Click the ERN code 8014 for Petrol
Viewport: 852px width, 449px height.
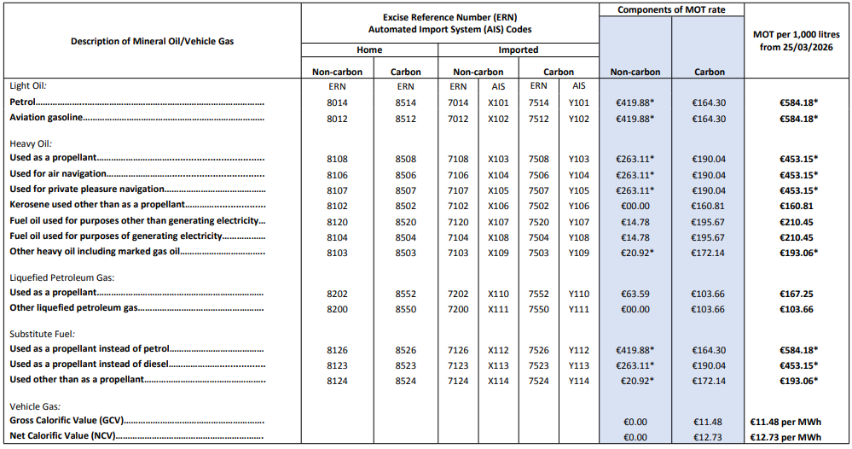pos(337,102)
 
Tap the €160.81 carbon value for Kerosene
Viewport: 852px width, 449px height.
pos(708,206)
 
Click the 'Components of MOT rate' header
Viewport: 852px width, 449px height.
pos(671,9)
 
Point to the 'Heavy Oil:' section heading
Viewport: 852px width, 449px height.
pos(31,143)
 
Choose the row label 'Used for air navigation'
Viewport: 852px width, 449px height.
pos(55,174)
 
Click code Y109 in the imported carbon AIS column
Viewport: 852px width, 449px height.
pos(579,252)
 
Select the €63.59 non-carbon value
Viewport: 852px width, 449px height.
pos(635,293)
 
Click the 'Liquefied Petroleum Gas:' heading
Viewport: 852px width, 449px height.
pos(61,277)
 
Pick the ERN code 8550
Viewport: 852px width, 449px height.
pos(405,309)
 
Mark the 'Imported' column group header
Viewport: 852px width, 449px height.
pos(519,50)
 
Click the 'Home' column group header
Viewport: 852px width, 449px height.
pos(369,50)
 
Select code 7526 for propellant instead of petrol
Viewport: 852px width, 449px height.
pos(539,349)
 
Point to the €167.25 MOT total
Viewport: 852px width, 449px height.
pos(798,293)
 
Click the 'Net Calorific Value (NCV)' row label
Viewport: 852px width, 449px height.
pos(61,437)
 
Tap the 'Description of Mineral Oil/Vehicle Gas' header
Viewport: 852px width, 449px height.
pos(152,41)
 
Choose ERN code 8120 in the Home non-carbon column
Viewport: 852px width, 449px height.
pos(337,221)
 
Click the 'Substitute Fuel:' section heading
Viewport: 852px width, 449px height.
pos(42,334)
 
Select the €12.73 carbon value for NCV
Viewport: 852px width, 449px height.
pos(708,437)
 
